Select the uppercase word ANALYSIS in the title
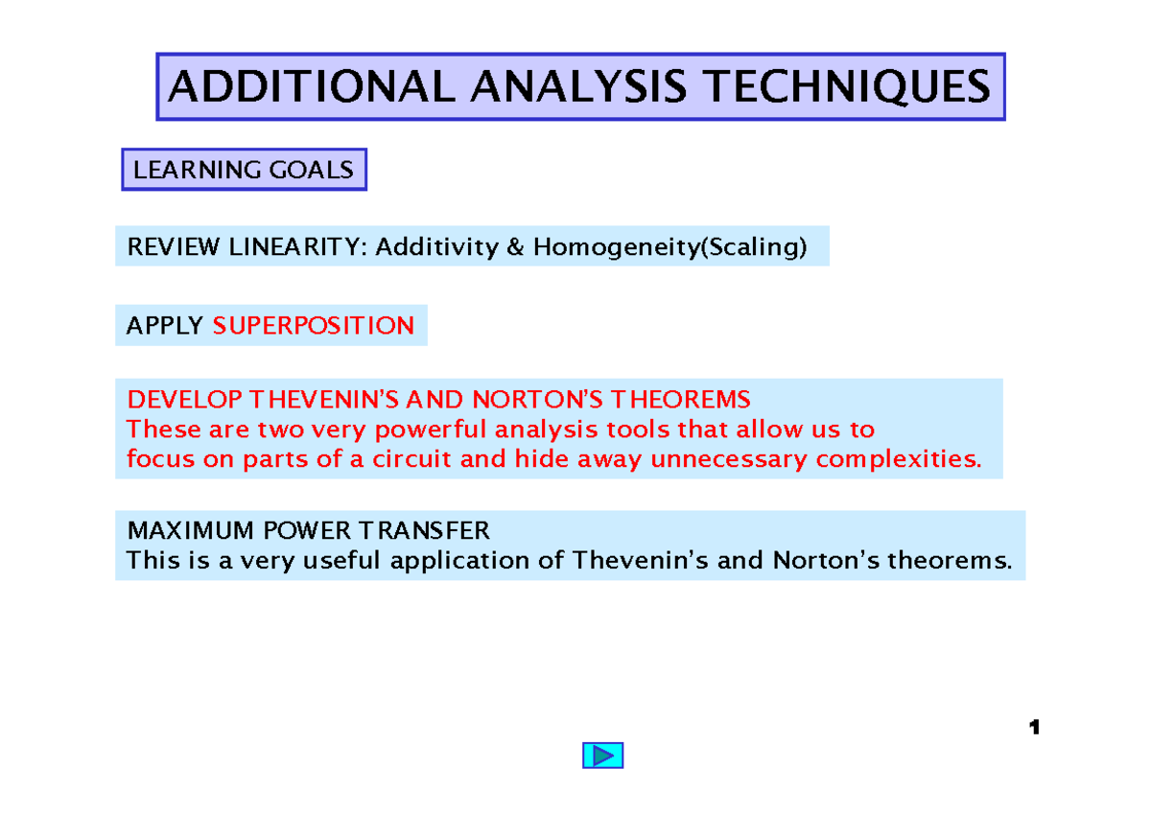pyautogui.click(x=578, y=87)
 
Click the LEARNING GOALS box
pyautogui.click(x=244, y=171)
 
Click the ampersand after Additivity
pyautogui.click(x=515, y=247)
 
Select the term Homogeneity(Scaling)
pyautogui.click(x=669, y=247)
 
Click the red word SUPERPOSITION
pyautogui.click(x=314, y=326)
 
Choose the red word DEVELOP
pyautogui.click(x=183, y=399)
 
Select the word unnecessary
pyautogui.click(x=730, y=459)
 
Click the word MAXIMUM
pyautogui.click(x=183, y=530)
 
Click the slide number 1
pyautogui.click(x=1034, y=729)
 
